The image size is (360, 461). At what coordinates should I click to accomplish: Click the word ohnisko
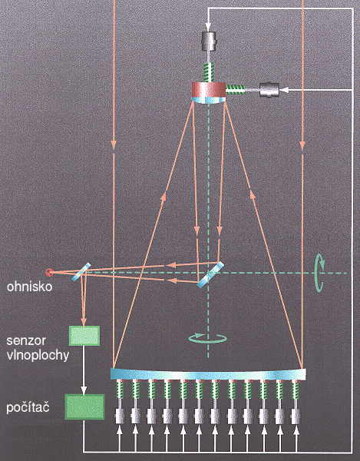[x=29, y=287]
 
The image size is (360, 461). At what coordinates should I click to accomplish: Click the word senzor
[x=26, y=340]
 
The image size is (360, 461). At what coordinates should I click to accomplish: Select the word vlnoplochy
[x=38, y=355]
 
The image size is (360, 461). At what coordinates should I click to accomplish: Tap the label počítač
[x=28, y=407]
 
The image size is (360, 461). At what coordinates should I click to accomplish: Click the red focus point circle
[x=50, y=273]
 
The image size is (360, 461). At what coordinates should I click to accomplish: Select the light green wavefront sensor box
[x=84, y=336]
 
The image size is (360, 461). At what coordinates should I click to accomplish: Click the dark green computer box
[x=84, y=406]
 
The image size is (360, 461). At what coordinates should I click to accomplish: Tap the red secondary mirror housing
[x=209, y=89]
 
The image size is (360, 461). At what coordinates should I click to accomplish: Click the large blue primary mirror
[x=208, y=374]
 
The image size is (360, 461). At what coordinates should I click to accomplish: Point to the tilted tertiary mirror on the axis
[x=210, y=274]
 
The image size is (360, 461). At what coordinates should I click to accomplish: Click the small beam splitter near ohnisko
[x=81, y=272]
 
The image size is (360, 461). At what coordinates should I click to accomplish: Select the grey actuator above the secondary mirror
[x=209, y=40]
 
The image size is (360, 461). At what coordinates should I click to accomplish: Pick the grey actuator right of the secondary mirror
[x=269, y=90]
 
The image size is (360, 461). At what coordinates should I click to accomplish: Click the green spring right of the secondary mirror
[x=235, y=89]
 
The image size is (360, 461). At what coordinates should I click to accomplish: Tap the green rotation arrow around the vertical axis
[x=207, y=338]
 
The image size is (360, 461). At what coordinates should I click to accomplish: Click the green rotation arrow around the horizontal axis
[x=319, y=273]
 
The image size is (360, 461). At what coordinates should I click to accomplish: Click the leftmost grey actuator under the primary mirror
[x=119, y=416]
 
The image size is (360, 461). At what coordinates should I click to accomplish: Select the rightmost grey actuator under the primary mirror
[x=296, y=416]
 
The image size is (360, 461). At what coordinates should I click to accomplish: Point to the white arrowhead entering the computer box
[x=84, y=390]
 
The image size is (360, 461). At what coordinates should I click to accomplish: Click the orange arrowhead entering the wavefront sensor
[x=84, y=321]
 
